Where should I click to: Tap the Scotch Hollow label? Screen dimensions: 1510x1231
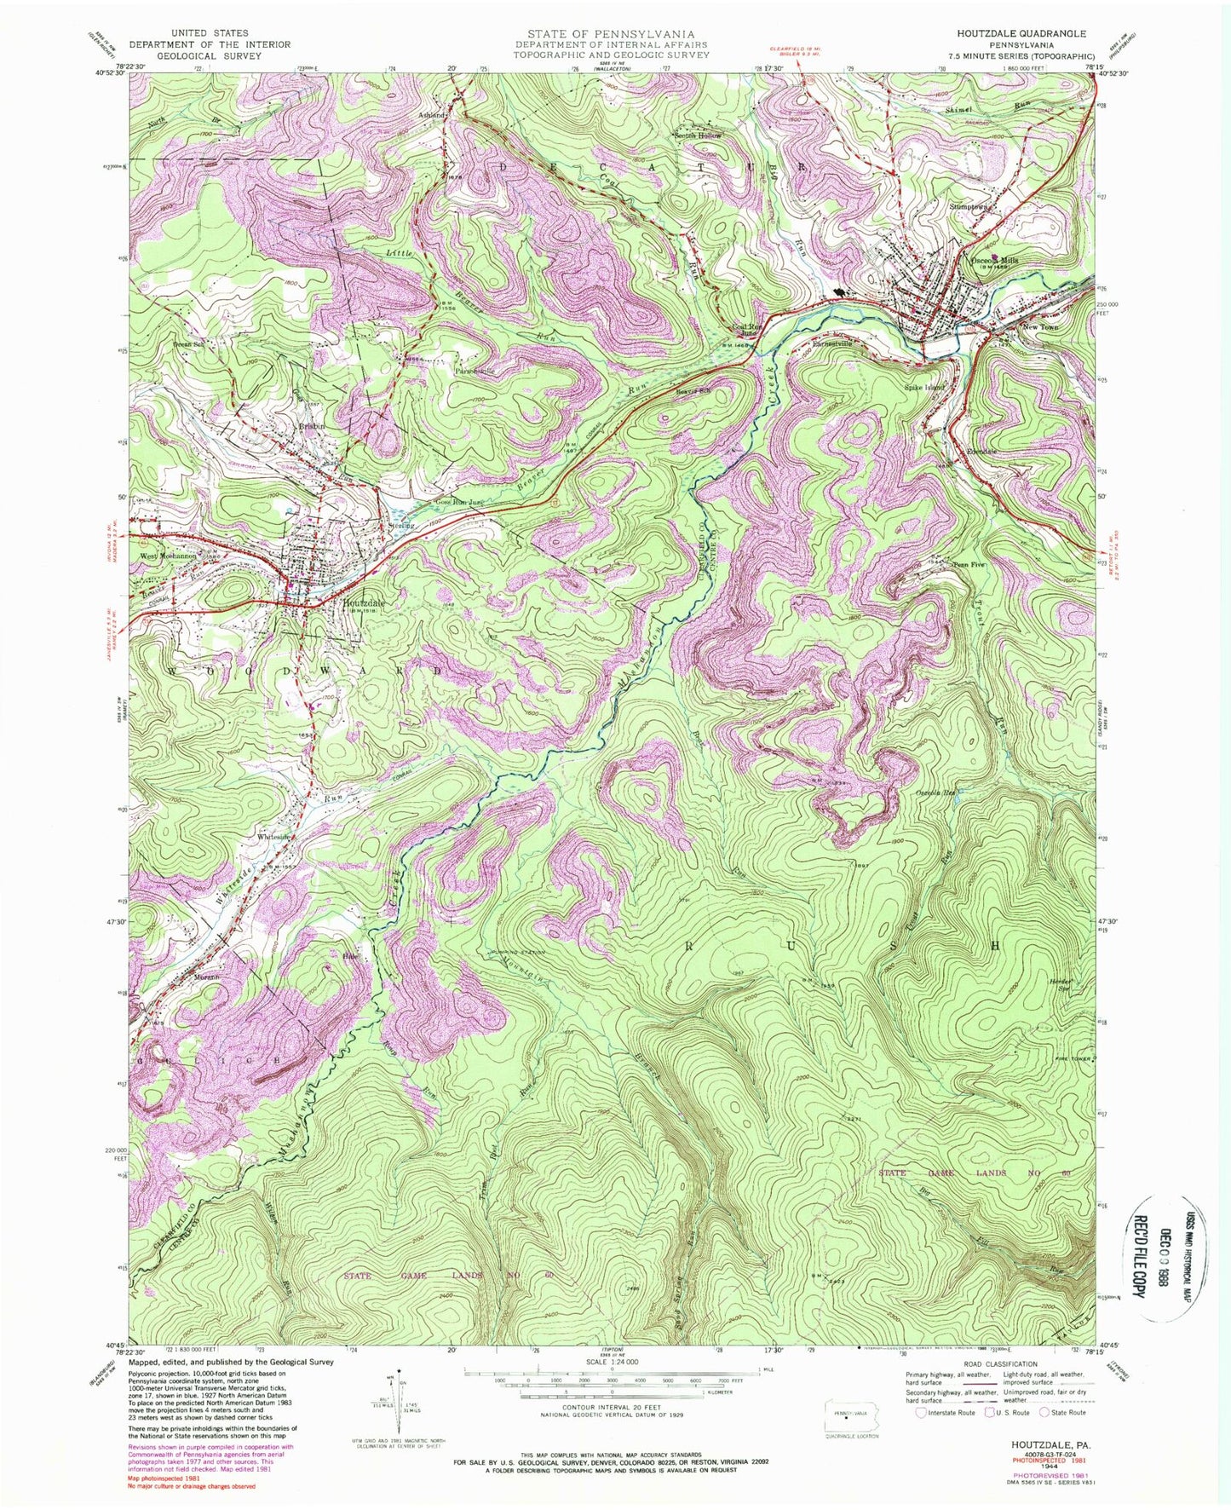tap(699, 135)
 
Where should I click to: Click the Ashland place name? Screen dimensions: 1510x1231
tap(431, 115)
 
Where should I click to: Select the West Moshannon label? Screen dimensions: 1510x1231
tap(168, 555)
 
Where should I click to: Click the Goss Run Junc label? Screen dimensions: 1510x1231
tap(461, 502)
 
